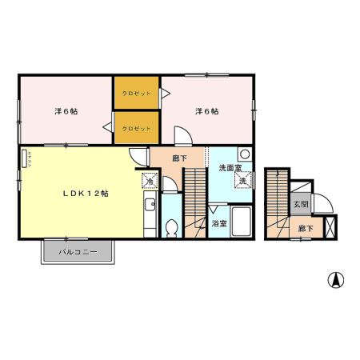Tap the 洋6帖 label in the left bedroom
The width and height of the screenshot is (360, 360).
(65, 111)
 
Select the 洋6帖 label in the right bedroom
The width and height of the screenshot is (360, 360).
(206, 111)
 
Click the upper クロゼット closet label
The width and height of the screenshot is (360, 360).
(136, 94)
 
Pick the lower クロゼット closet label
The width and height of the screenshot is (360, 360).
(136, 128)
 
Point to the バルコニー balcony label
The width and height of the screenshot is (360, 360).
(80, 252)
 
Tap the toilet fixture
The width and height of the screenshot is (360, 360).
(170, 228)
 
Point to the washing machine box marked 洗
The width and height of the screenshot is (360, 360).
(241, 181)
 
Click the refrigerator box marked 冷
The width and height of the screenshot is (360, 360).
(150, 181)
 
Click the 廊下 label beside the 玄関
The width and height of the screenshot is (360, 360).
(305, 229)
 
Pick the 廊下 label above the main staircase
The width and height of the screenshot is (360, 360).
(180, 158)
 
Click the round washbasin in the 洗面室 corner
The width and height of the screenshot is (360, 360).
(246, 154)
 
